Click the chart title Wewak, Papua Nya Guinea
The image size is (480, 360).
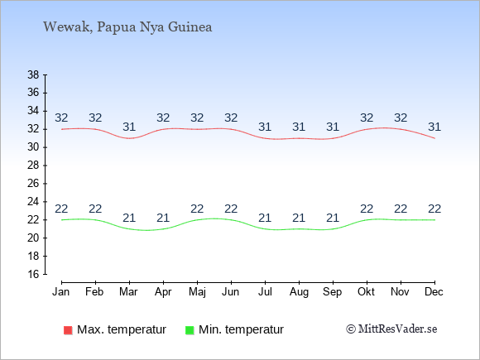127,27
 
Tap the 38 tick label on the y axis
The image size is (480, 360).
33,74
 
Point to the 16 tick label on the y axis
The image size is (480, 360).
33,274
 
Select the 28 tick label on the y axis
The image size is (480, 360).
33,166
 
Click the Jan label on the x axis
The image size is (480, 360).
61,292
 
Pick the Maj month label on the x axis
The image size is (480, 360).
197,292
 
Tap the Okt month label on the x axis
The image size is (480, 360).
366,292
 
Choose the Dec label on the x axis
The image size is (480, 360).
434,292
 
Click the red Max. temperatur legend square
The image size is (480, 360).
68,330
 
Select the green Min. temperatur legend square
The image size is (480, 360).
190,330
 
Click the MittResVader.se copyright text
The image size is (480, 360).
391,329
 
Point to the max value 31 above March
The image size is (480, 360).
129,127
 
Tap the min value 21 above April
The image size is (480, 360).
163,218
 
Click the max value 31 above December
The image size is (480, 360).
434,127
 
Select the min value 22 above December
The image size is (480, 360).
434,209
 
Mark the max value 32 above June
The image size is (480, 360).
231,118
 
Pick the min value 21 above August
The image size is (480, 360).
299,218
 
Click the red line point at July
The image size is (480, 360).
265,138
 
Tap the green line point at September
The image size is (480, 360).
333,229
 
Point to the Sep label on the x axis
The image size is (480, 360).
333,292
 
